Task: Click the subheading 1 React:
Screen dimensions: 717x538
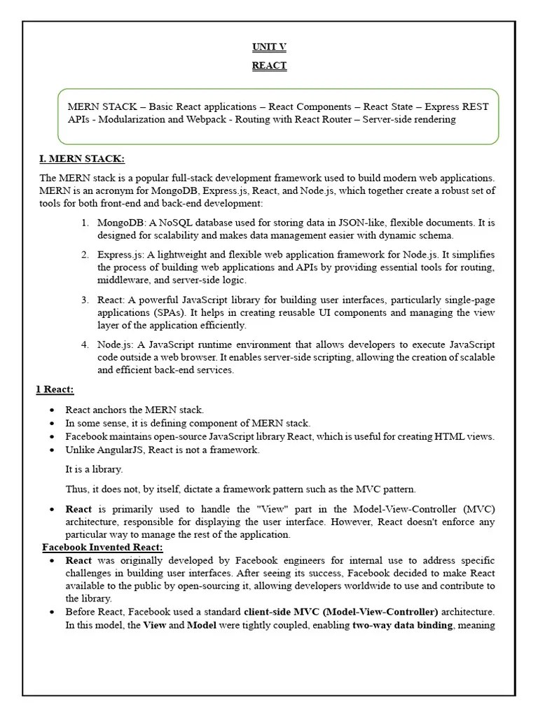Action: (55, 389)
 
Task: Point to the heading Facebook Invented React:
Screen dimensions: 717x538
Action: (102, 547)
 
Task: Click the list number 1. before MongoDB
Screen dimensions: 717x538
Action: (84, 223)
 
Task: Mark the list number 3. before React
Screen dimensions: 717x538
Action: (84, 300)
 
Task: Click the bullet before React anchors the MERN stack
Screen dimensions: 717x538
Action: (53, 410)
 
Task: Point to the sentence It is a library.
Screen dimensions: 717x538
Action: (94, 469)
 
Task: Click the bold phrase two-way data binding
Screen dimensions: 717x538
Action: (402, 625)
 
